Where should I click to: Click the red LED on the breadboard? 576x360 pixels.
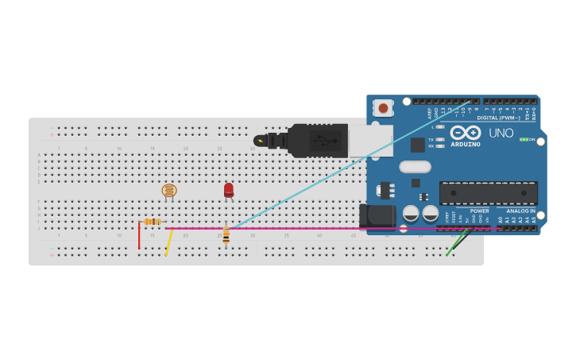(229, 190)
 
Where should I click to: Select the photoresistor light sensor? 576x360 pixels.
(168, 191)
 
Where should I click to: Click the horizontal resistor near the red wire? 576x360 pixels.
(153, 222)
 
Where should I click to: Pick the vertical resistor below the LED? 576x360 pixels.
(226, 234)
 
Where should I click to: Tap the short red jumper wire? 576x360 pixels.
(139, 236)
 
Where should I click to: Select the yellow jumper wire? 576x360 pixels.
(168, 242)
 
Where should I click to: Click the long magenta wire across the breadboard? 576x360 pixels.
(318, 229)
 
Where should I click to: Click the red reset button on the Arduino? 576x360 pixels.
(384, 107)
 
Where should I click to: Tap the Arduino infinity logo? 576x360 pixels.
(465, 133)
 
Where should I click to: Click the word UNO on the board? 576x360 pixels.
(501, 134)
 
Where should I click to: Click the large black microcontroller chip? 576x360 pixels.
(488, 192)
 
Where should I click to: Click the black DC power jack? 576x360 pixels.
(378, 217)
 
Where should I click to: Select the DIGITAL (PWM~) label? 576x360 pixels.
(498, 118)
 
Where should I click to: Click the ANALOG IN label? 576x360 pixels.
(521, 211)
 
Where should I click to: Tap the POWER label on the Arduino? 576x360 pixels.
(479, 211)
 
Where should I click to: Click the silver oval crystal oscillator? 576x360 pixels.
(415, 167)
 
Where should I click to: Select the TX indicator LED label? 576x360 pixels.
(431, 139)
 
